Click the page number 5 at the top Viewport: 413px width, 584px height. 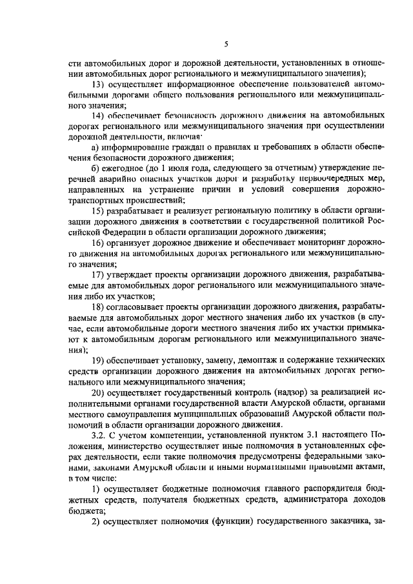pos(226,44)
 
